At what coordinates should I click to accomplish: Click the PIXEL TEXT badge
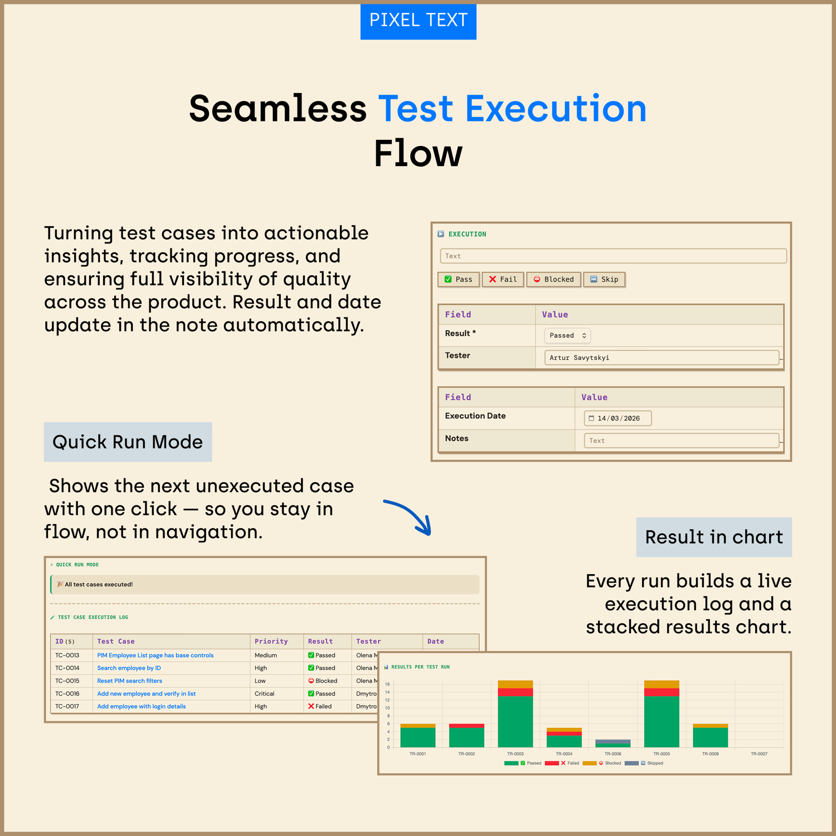pyautogui.click(x=418, y=21)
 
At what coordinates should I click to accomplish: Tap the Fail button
pyautogui.click(x=503, y=279)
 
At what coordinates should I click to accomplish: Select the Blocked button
pyautogui.click(x=553, y=279)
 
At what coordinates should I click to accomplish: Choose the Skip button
pyautogui.click(x=604, y=279)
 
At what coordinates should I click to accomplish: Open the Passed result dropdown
pyautogui.click(x=567, y=336)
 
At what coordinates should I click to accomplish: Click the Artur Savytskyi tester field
pyautogui.click(x=662, y=358)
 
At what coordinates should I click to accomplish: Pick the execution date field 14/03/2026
pyautogui.click(x=618, y=418)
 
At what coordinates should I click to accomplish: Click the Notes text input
pyautogui.click(x=681, y=441)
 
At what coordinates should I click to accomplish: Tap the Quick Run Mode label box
pyautogui.click(x=128, y=442)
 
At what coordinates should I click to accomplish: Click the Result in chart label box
pyautogui.click(x=714, y=537)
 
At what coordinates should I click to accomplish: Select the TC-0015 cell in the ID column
pyautogui.click(x=67, y=681)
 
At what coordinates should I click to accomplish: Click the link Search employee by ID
pyautogui.click(x=129, y=668)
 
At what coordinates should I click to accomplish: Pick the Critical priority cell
pyautogui.click(x=265, y=694)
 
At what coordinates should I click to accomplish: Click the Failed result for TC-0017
pyautogui.click(x=320, y=707)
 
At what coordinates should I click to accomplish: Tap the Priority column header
pyautogui.click(x=271, y=641)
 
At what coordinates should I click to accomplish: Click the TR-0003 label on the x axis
pyautogui.click(x=515, y=754)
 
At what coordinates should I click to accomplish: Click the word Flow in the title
pyautogui.click(x=418, y=154)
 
